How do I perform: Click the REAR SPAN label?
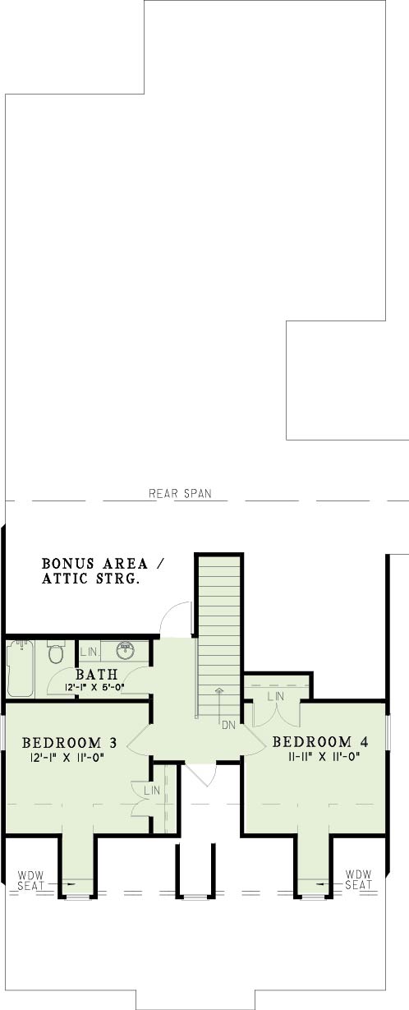pyautogui.click(x=180, y=493)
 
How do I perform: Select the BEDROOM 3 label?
pyautogui.click(x=70, y=742)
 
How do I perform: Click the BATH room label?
pyautogui.click(x=97, y=675)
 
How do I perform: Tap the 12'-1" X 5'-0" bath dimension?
pyautogui.click(x=94, y=688)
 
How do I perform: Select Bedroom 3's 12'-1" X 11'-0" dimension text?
pyautogui.click(x=67, y=758)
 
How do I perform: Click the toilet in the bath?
pyautogui.click(x=56, y=652)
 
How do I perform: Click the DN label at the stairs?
pyautogui.click(x=229, y=726)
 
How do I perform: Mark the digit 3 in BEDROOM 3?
pyautogui.click(x=113, y=742)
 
